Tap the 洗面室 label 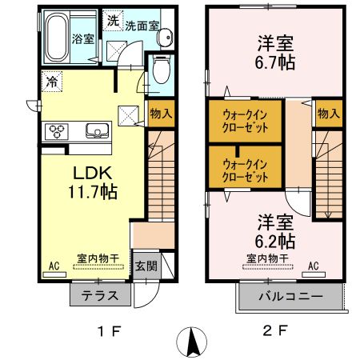point(143,24)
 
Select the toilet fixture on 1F point(160,70)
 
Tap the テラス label point(102,296)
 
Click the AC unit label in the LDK point(54,265)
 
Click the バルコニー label point(290,297)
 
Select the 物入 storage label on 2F point(329,114)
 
